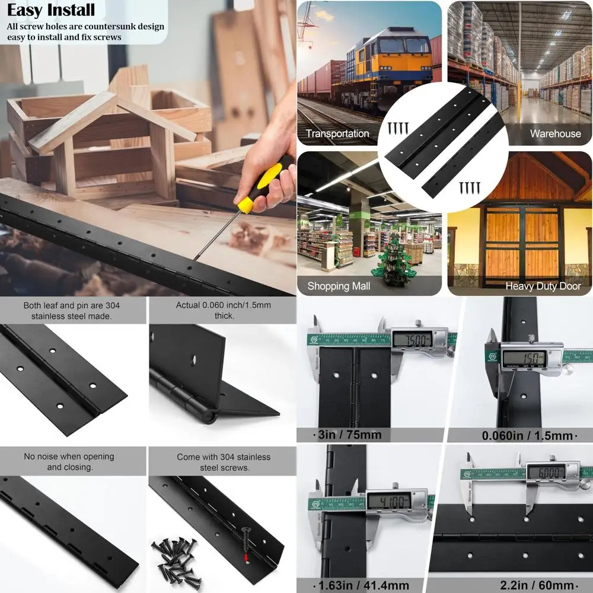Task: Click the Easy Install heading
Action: pos(51,10)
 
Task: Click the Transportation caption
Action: pos(337,133)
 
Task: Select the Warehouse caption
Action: pos(555,133)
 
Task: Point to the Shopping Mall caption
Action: pos(339,286)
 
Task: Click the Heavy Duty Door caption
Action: pos(542,286)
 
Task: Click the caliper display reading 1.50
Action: pos(523,358)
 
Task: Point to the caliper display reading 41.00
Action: pos(388,501)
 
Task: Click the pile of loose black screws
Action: pos(178,561)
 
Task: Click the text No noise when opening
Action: pos(69,457)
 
